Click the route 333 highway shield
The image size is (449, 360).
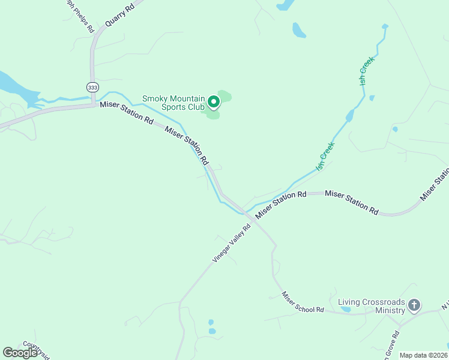tap(92, 88)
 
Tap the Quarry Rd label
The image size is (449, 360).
tap(119, 14)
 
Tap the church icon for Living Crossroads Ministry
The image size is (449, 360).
tap(414, 306)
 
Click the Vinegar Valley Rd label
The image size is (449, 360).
tap(231, 243)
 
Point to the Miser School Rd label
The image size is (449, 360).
tap(303, 302)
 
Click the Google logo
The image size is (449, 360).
tap(20, 352)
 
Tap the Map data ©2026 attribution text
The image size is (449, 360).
tap(423, 355)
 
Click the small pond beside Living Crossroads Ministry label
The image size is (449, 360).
tap(346, 310)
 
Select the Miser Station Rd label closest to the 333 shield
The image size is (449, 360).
tap(127, 112)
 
